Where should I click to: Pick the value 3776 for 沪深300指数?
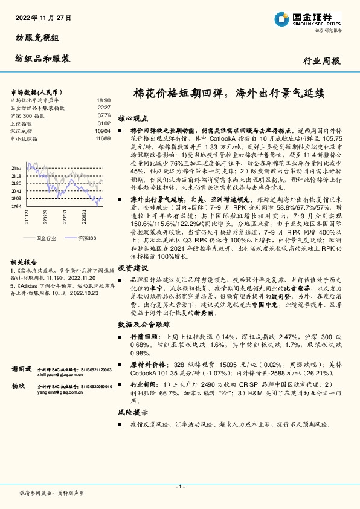pyautogui.click(x=104, y=115)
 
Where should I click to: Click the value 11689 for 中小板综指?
pyautogui.click(x=102, y=138)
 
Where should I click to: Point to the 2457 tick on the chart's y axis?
pyautogui.click(x=16, y=167)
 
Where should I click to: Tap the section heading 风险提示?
pyautogui.click(x=132, y=412)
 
